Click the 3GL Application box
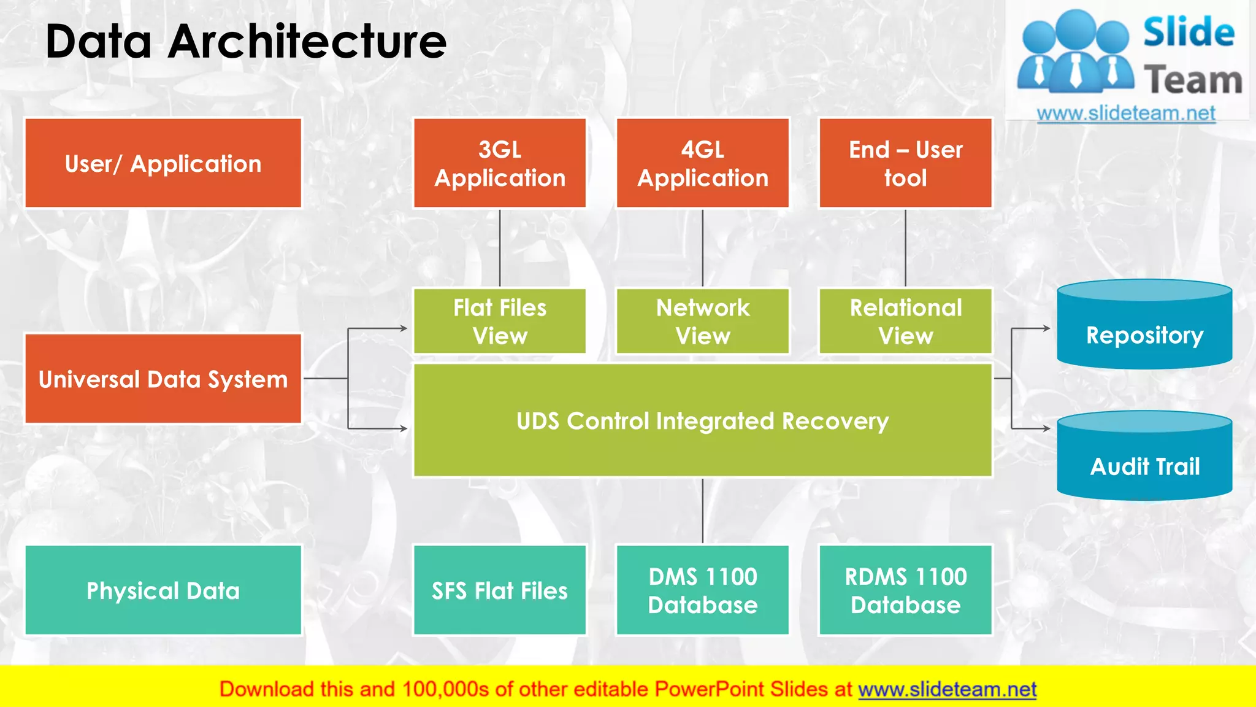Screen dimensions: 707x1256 (500, 163)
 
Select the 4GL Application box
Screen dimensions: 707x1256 (703, 163)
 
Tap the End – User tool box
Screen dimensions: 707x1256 (905, 163)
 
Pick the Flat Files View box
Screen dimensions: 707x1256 (500, 321)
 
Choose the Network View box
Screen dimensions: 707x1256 (703, 321)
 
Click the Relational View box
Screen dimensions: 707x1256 (905, 321)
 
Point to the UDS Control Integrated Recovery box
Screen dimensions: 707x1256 (703, 421)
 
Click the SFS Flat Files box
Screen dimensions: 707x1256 (500, 590)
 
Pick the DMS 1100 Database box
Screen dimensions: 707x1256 (703, 590)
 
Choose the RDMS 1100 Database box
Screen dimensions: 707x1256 (905, 590)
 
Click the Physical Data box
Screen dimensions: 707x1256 (163, 590)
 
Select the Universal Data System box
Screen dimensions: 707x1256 (163, 379)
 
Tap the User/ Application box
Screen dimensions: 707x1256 (163, 163)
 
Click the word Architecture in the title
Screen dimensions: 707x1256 (307, 42)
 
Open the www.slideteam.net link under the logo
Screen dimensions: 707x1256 (1126, 113)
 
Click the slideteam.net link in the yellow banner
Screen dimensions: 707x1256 (947, 689)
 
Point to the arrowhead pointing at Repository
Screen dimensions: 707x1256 (1046, 328)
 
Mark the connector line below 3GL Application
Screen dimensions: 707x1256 (500, 248)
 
